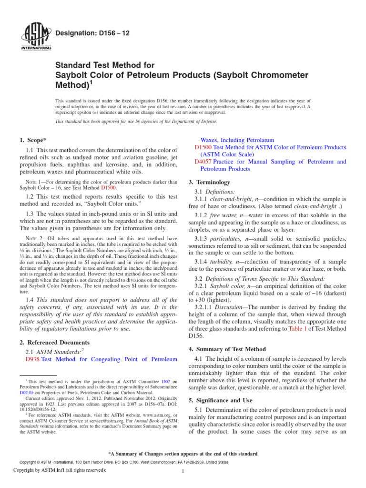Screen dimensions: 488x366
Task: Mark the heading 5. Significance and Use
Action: tap(221, 400)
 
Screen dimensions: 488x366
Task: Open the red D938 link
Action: tap(32, 360)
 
